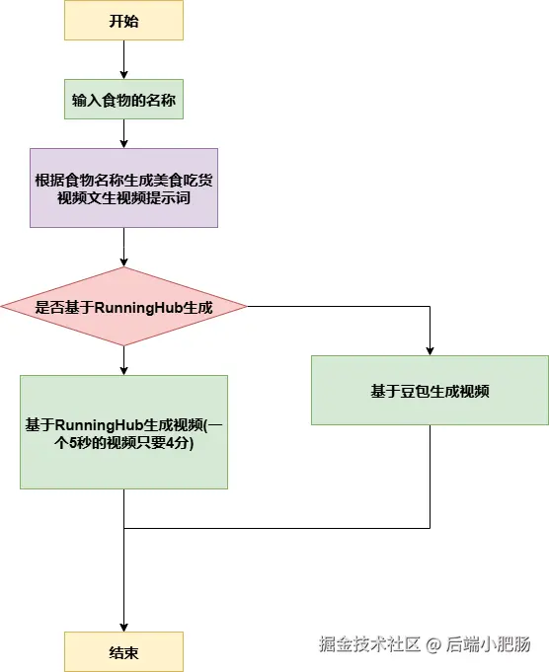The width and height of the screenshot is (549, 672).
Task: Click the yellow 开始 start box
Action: (124, 20)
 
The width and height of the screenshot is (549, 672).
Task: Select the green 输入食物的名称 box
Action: (124, 99)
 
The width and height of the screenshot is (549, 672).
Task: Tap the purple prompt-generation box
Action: (124, 187)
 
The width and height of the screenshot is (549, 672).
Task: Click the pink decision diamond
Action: (124, 307)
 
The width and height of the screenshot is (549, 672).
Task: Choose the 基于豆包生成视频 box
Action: (430, 390)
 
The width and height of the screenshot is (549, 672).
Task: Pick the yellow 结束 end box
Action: (124, 651)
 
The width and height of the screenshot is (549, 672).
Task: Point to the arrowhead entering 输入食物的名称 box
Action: (124, 75)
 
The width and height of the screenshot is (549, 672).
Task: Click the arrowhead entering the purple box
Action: (124, 143)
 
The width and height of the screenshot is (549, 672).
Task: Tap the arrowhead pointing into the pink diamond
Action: (124, 261)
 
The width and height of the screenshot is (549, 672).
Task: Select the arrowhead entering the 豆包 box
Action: (430, 350)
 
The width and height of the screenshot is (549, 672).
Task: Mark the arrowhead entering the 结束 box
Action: (124, 627)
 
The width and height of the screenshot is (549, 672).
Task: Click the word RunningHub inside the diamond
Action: (138, 308)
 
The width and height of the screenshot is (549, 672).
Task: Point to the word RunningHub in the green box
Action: (100, 425)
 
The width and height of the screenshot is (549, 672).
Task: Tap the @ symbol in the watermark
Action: (433, 644)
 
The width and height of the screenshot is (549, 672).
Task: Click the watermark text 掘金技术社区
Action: (369, 644)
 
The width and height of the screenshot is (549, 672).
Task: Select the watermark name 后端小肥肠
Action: (489, 644)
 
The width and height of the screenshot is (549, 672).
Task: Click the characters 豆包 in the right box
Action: (415, 392)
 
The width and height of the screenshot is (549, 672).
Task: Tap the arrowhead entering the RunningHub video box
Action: (124, 371)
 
